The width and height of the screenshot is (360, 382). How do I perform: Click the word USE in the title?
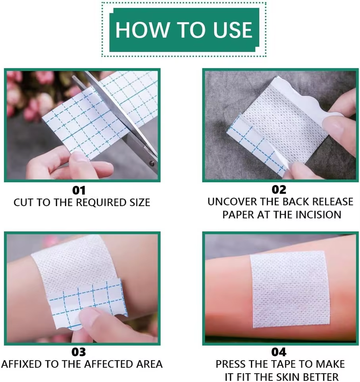click(x=233, y=30)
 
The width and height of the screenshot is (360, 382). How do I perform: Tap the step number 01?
click(x=79, y=190)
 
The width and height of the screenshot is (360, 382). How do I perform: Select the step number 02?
click(x=279, y=189)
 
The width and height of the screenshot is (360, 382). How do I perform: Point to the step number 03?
click(x=78, y=352)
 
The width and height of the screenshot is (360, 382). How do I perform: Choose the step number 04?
click(x=279, y=352)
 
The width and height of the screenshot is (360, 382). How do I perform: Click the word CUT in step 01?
click(x=23, y=203)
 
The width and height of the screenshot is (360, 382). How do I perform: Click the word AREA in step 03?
click(x=149, y=364)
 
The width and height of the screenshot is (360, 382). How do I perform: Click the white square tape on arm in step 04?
click(x=290, y=289)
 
